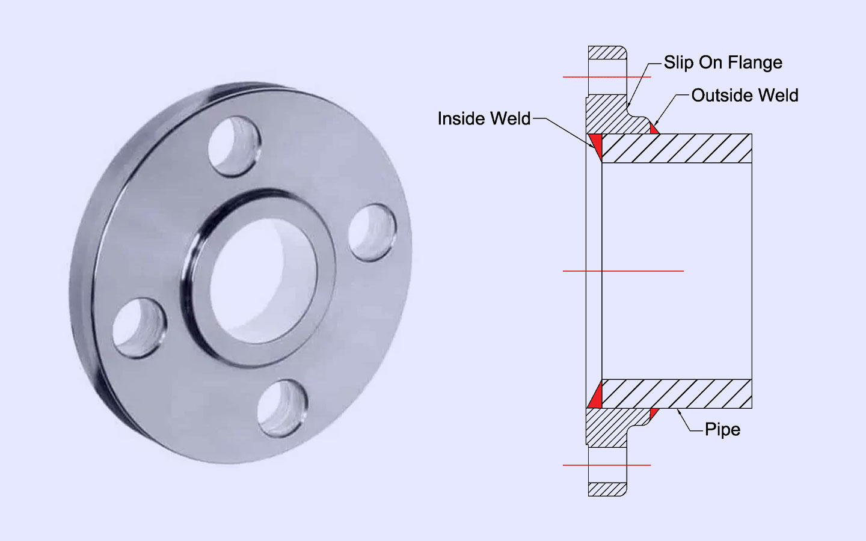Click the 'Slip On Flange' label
(x=723, y=63)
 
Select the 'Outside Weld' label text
(x=745, y=96)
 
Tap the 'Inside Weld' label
(x=484, y=118)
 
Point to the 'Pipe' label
(x=722, y=429)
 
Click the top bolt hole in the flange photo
(x=235, y=147)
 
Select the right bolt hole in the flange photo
(x=372, y=233)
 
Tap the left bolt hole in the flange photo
(x=139, y=328)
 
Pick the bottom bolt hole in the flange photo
(x=283, y=408)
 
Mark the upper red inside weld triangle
(x=596, y=144)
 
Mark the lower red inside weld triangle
(x=596, y=397)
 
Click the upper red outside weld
(x=654, y=129)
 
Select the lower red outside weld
(x=654, y=413)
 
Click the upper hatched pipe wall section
(x=677, y=148)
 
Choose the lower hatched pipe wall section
(x=677, y=394)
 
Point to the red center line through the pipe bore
(x=623, y=271)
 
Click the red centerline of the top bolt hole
(x=606, y=77)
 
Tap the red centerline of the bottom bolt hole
(x=606, y=465)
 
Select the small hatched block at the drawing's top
(x=607, y=53)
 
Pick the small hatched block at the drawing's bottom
(x=607, y=489)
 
